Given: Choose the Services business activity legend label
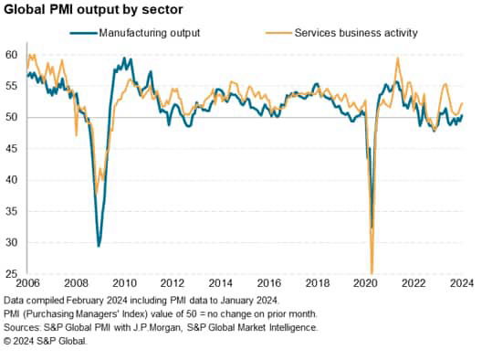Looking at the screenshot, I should pyautogui.click(x=356, y=33).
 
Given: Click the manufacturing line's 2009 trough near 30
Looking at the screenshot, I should pyautogui.click(x=99, y=246).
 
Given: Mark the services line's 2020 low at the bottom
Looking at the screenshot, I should pyautogui.click(x=372, y=271).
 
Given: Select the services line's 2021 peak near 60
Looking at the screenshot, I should pyautogui.click(x=398, y=58).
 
